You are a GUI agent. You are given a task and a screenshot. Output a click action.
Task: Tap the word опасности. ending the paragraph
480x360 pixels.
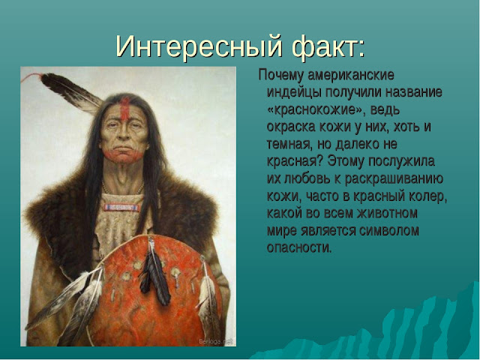[298, 247]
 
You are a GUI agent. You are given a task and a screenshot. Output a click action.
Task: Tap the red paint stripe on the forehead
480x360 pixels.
[124, 105]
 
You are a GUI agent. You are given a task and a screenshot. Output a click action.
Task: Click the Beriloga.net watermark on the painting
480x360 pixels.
[215, 340]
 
